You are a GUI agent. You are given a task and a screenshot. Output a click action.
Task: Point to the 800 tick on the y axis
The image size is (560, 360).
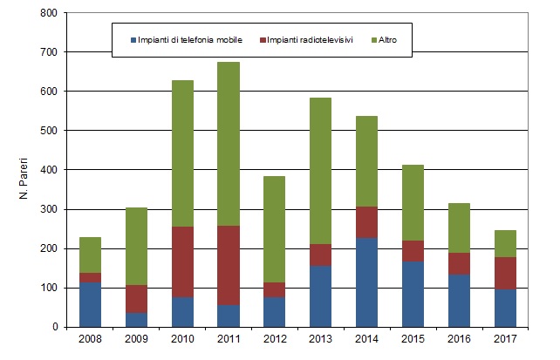tap(48, 13)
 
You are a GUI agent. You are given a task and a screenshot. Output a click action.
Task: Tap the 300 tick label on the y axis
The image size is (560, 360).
tap(48, 209)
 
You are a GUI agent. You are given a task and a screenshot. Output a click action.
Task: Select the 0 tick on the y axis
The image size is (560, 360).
tap(54, 327)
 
